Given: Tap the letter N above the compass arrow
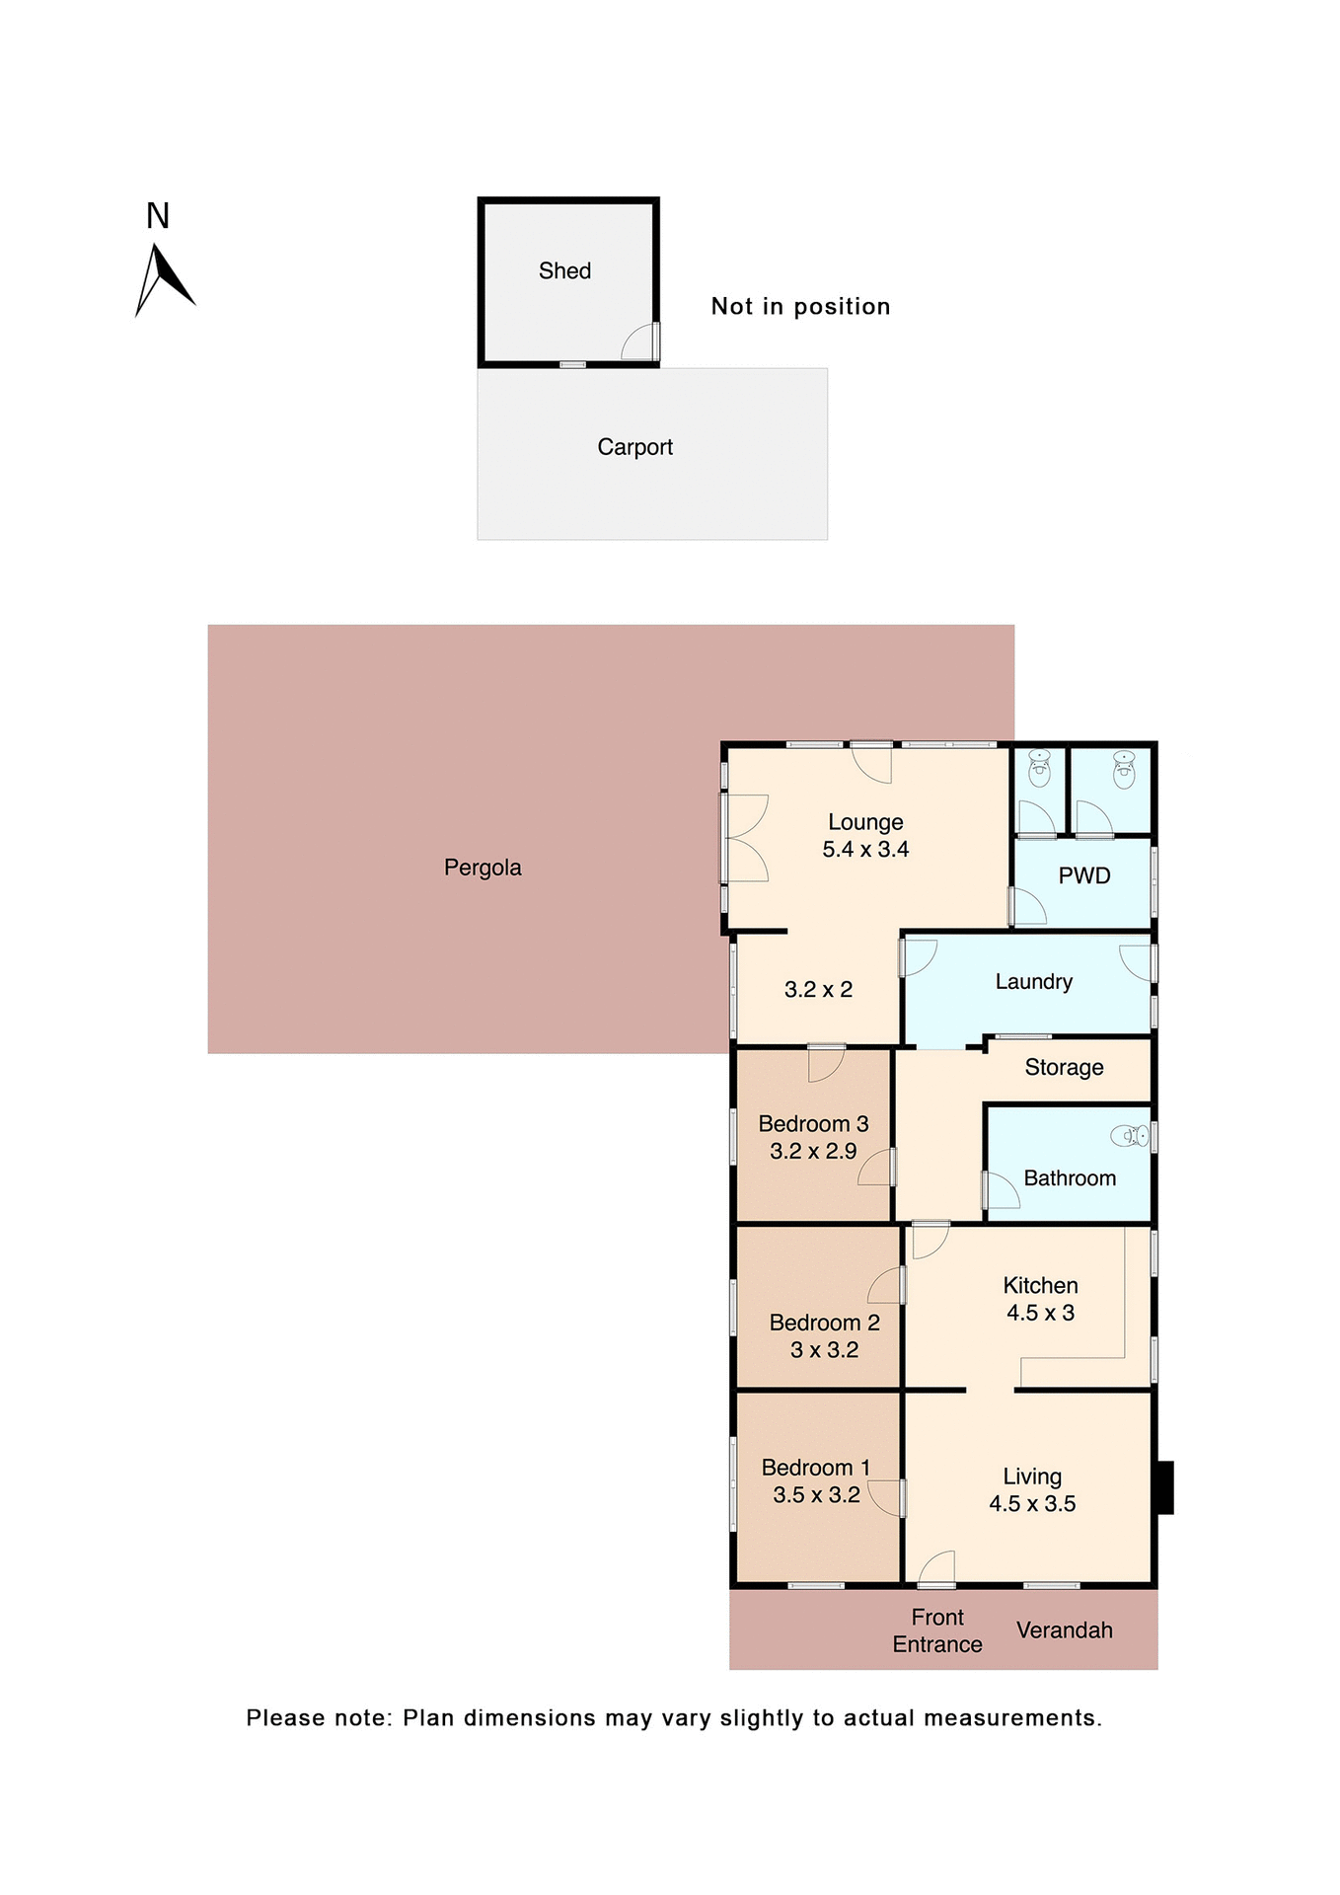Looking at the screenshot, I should (x=158, y=216).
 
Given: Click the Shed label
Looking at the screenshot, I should (x=564, y=270).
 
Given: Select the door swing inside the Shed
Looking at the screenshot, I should (x=639, y=342).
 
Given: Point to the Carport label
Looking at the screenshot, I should (x=634, y=447).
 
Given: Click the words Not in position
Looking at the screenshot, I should (x=800, y=306).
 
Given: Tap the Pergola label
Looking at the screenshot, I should (x=483, y=868).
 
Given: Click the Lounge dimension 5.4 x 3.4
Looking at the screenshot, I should (x=865, y=849).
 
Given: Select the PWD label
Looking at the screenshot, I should (x=1083, y=875).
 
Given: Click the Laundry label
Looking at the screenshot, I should (x=1033, y=981).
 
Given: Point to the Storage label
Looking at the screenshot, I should (x=1064, y=1067).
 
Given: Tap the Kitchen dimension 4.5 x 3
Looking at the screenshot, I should (x=1040, y=1313).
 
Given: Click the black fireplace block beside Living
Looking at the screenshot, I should (x=1164, y=1486).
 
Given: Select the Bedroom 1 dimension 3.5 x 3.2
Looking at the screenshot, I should (x=816, y=1494).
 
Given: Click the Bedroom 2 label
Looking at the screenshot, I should (x=824, y=1323).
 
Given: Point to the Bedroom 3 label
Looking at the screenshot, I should (x=813, y=1124).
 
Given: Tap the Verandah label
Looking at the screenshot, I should (x=1064, y=1630).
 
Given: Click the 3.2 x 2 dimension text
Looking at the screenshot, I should (x=818, y=989).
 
